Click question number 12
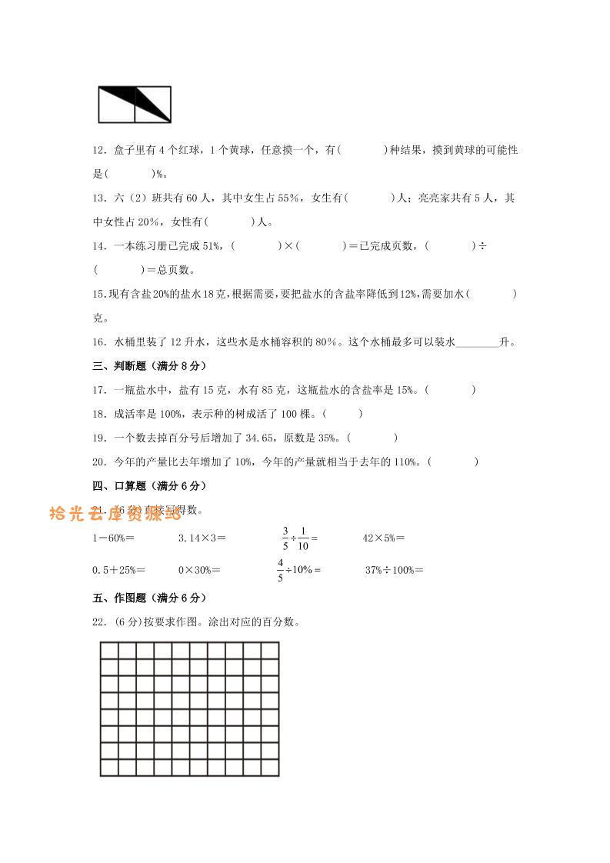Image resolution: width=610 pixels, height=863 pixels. [98, 151]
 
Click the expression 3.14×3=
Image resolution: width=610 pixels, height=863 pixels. [202, 538]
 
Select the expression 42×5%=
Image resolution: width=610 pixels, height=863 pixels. [383, 538]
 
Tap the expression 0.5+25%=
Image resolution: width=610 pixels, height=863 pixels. [118, 570]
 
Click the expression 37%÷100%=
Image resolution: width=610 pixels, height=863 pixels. [394, 570]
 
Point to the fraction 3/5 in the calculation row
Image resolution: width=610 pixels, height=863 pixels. [285, 538]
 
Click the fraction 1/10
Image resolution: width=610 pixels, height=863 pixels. [303, 538]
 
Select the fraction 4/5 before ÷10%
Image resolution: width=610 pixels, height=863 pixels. [281, 570]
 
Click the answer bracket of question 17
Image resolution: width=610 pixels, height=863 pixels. [450, 390]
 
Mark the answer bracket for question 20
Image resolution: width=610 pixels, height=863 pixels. [453, 461]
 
